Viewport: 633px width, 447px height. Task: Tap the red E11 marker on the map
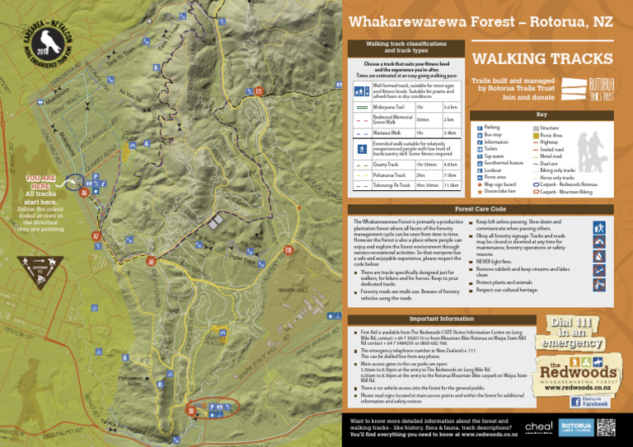coord(259,91)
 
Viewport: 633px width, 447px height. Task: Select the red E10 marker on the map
coord(288,250)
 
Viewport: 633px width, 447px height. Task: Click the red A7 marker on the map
coord(96,237)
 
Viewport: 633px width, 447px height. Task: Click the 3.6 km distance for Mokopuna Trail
coord(450,107)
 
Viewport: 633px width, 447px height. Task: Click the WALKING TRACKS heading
coord(542,59)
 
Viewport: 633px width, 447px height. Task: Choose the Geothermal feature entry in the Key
coord(504,163)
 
